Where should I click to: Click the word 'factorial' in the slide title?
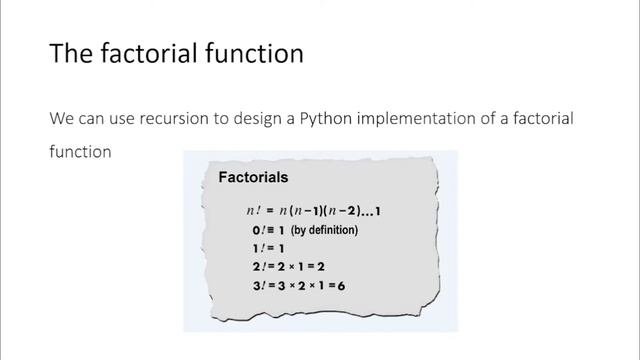pos(141,53)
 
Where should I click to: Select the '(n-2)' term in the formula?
pos(348,211)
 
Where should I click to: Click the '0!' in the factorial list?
pos(259,230)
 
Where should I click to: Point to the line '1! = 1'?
pos(269,249)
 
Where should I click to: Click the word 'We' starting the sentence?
pos(61,118)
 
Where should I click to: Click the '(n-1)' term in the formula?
pos(314,211)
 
